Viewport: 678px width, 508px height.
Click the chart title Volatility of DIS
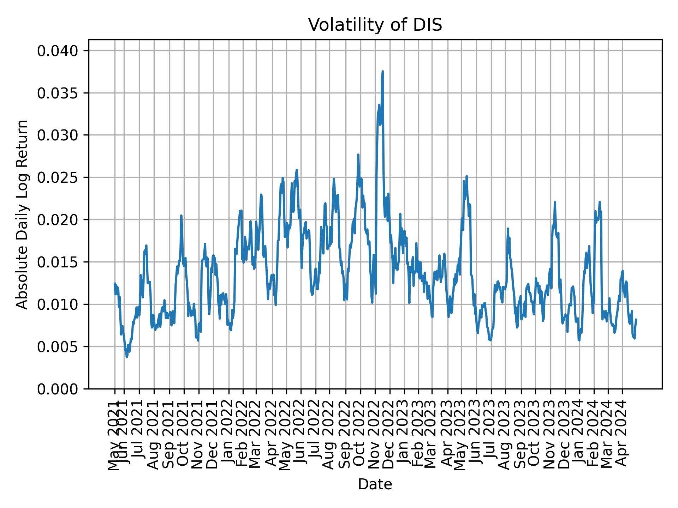(375, 25)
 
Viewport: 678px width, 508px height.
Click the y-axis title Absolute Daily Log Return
(22, 214)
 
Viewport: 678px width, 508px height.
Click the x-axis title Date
(375, 484)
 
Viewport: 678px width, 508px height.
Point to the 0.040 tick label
(58, 51)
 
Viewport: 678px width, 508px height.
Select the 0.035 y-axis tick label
(58, 93)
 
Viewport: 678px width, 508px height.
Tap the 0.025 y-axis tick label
(58, 177)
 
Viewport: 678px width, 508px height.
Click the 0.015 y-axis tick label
(58, 262)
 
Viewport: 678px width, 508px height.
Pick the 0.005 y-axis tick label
(58, 347)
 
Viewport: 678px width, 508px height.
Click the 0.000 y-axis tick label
(58, 389)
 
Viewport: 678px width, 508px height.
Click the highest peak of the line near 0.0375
(382, 72)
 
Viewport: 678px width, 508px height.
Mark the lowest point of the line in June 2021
(127, 357)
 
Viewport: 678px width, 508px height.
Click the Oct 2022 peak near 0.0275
(358, 155)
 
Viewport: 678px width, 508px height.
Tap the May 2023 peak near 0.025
(466, 176)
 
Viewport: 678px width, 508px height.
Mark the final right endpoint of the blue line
(636, 319)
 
